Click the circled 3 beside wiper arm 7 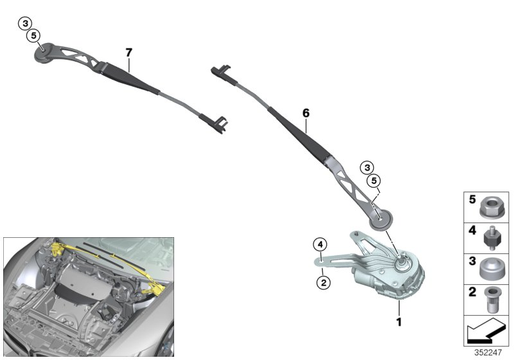(x=25, y=24)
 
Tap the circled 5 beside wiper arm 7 (x=33, y=35)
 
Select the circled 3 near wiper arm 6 (x=366, y=168)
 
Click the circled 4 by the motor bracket (x=319, y=244)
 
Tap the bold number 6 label (x=306, y=113)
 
